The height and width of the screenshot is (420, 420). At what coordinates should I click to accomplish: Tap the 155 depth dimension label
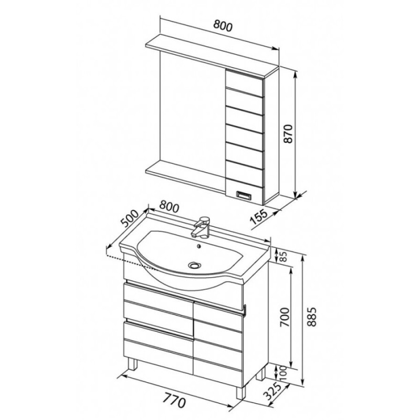click(x=259, y=216)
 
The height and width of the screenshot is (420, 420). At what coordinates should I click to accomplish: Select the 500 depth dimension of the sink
click(x=130, y=218)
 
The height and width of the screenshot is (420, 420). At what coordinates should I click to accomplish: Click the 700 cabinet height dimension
click(x=285, y=317)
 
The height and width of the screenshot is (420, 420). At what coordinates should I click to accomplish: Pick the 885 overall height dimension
click(x=312, y=317)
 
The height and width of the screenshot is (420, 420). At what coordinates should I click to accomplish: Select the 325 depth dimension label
click(x=273, y=392)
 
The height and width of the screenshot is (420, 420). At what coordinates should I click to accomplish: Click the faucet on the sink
click(x=201, y=226)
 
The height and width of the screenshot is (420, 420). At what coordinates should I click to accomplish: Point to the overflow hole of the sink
click(x=199, y=246)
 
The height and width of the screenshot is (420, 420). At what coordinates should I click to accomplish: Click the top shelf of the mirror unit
click(x=212, y=57)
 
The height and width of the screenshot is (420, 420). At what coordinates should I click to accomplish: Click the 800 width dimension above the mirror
click(x=223, y=26)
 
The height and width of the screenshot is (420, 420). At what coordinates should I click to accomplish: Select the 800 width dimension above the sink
click(x=169, y=206)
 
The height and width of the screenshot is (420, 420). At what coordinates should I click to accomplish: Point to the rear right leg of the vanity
click(x=261, y=374)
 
